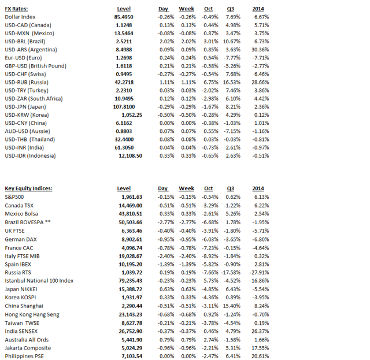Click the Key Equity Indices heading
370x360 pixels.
(x=28, y=188)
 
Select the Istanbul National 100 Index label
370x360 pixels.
(x=39, y=281)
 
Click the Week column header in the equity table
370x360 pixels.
(x=186, y=188)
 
